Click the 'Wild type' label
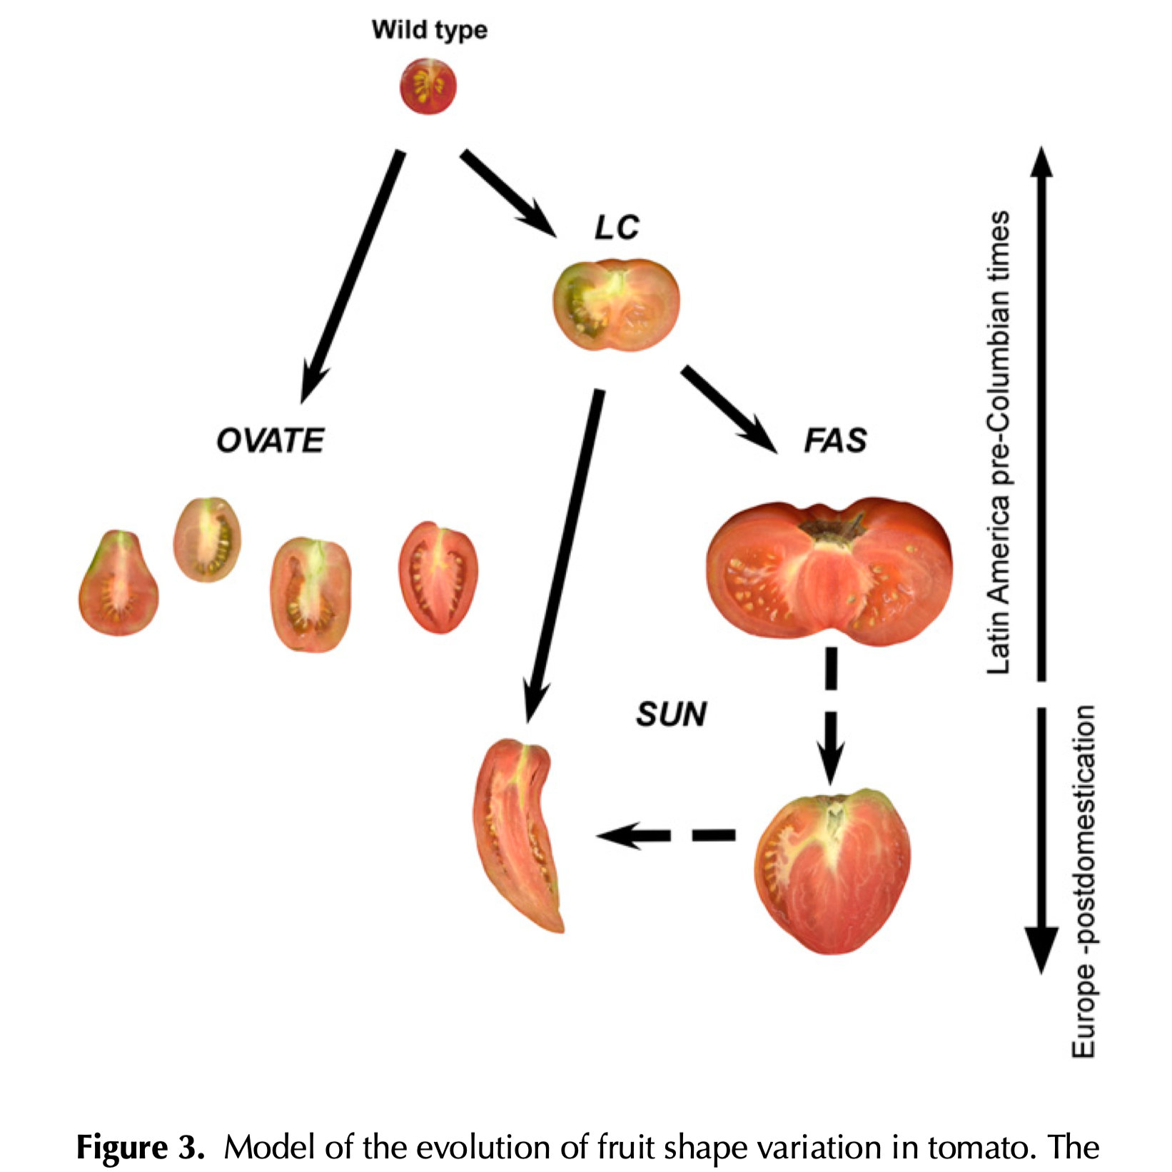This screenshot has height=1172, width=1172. coord(429,30)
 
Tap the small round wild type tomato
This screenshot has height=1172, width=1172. coord(428,86)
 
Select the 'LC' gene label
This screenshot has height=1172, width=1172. coord(617,228)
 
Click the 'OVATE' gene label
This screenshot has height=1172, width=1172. coord(271,440)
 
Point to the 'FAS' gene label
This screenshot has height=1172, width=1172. coord(835,440)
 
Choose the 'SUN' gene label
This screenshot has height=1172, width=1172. coord(671,714)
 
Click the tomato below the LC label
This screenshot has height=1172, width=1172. coord(616,304)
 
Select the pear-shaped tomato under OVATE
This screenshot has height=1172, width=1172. coord(118,584)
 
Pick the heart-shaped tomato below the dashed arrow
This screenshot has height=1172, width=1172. coord(832,871)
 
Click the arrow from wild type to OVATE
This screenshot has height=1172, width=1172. coord(353,275)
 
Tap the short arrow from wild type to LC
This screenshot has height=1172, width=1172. coord(508,193)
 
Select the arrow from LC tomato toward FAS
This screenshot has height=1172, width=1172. coord(728,408)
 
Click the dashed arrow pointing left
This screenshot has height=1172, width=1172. coord(664,835)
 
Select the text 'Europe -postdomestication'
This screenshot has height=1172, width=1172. coord(1083,881)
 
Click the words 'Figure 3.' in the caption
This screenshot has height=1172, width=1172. coord(140,1148)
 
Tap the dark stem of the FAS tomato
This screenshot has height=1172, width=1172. coord(832,530)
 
